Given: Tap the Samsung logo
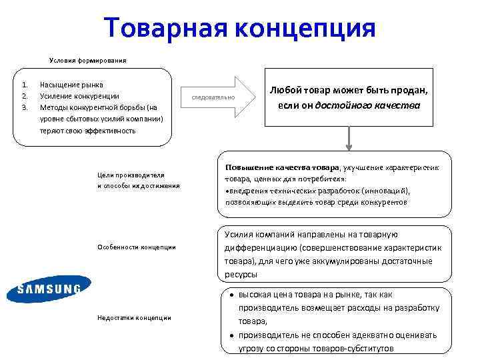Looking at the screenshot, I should point(48,289).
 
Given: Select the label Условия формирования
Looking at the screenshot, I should point(88,60).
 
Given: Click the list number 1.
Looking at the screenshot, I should point(24,85).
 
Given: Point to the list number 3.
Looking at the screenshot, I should point(24,107).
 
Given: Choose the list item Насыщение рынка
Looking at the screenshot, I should point(72,85).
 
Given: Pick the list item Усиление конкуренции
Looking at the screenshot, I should point(79,96).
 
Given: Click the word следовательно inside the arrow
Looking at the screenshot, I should point(213,98).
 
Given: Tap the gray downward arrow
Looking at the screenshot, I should point(348,137).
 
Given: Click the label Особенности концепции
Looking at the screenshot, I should point(136,247).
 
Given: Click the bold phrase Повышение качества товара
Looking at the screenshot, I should point(282,167).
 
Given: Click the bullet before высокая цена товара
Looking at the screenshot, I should point(228,295).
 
